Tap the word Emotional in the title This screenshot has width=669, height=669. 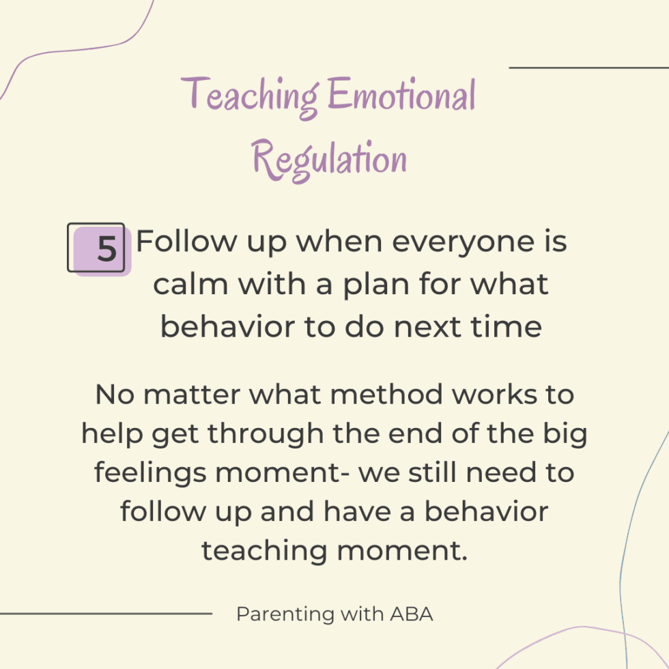401,96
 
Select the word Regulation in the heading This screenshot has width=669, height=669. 330,160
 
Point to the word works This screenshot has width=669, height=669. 490,395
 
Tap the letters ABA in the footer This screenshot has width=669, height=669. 412,614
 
